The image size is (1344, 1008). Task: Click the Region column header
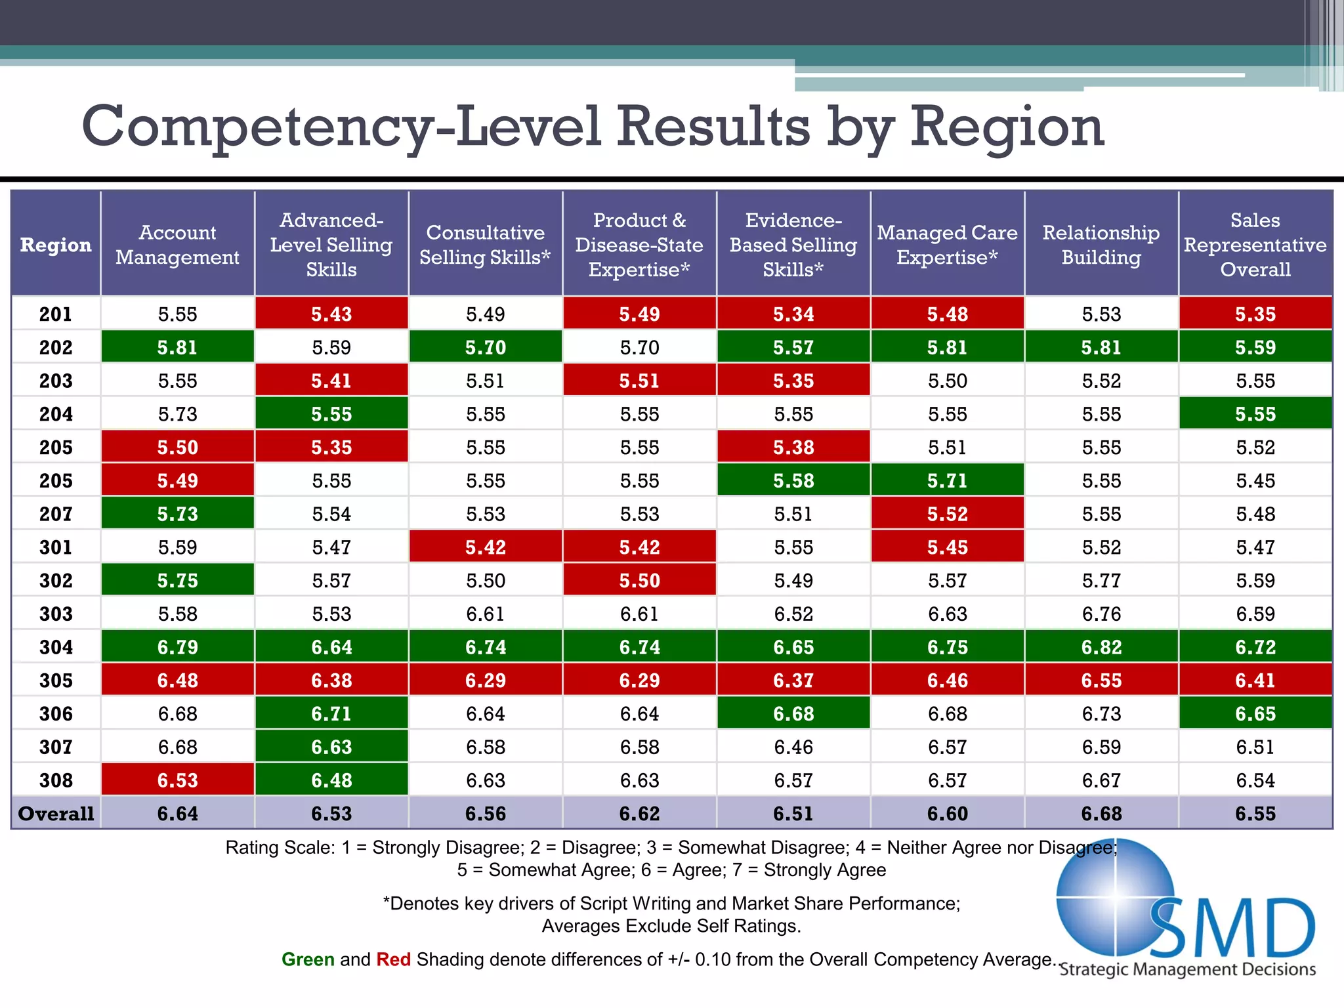pos(56,245)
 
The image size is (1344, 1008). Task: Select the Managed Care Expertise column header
pos(947,245)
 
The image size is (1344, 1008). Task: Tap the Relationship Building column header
pos(1101,245)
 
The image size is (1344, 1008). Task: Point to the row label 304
pos(56,647)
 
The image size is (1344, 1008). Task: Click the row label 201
pos(56,314)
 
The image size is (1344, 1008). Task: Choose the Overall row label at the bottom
pos(56,814)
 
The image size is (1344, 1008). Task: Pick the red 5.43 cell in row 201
pos(331,314)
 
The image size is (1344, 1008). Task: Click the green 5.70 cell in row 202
pos(485,347)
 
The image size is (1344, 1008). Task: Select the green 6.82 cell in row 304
pos(1101,647)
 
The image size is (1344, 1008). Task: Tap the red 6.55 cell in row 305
pos(1101,681)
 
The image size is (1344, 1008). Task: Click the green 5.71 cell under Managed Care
pos(947,480)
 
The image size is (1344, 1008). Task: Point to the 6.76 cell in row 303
pos(1101,614)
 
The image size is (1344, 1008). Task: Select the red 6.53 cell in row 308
pos(177,780)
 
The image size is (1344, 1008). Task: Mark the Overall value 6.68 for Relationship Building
pos(1101,814)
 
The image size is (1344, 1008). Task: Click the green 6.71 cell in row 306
pos(331,714)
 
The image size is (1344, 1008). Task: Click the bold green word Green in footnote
pos(308,959)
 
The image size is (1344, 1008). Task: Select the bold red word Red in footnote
pos(393,959)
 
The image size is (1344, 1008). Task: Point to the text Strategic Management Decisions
pos(1188,969)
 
